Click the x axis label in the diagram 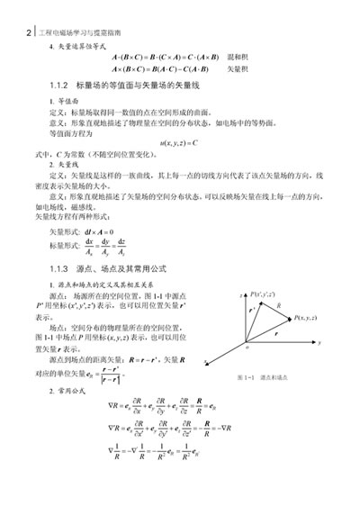(x=206, y=361)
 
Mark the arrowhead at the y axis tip (x=314, y=342)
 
